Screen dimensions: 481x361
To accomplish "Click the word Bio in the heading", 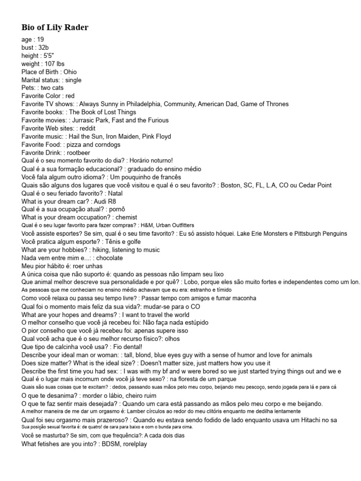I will tap(28, 27).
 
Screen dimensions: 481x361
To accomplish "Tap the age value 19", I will tap(40, 40).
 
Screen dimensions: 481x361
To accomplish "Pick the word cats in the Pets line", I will tap(58, 88).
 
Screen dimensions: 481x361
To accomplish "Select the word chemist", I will tap(126, 217).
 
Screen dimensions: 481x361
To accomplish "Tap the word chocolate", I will tap(109, 257).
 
